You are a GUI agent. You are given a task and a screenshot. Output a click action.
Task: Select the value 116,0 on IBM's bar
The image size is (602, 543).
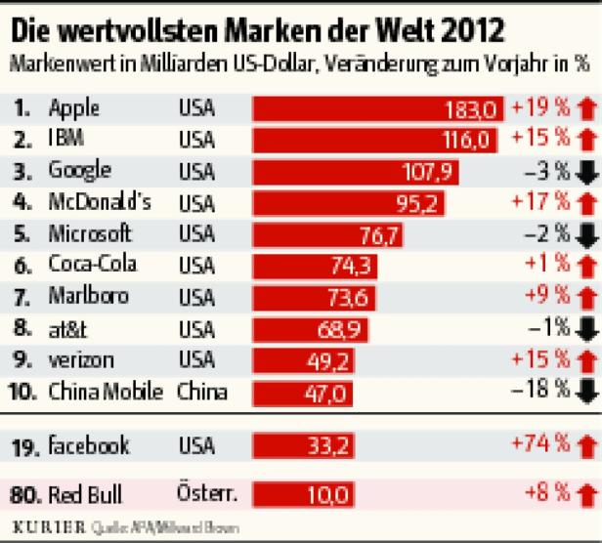click(x=463, y=140)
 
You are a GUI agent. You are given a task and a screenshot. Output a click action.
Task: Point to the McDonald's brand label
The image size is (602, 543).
click(x=104, y=202)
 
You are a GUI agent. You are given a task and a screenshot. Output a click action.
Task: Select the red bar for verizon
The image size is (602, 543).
click(x=322, y=361)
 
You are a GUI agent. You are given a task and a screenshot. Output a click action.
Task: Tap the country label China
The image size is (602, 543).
click(x=202, y=393)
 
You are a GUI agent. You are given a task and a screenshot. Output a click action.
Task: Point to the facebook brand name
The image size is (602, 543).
click(x=89, y=446)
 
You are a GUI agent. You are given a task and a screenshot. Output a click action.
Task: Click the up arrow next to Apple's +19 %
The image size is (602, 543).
click(x=586, y=107)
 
